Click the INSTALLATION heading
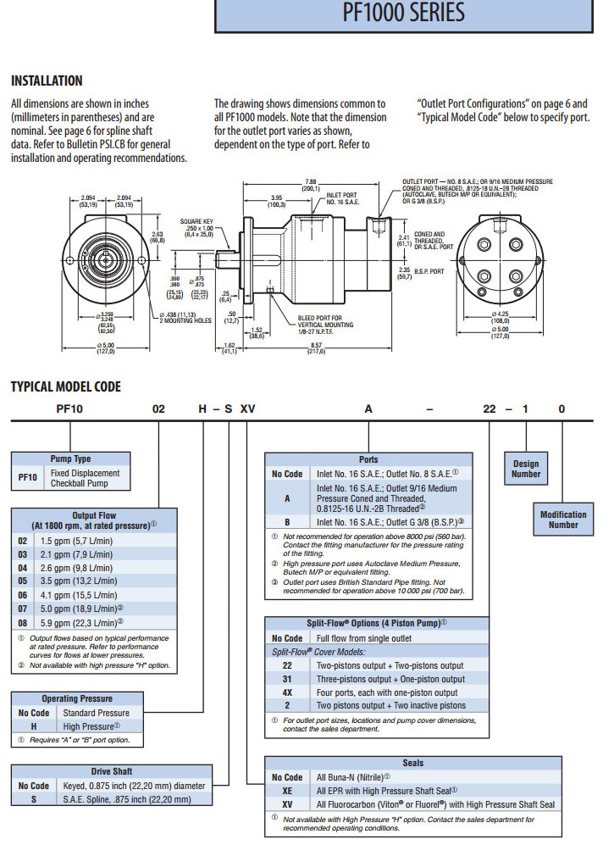coord(47,81)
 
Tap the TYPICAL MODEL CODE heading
coord(65,387)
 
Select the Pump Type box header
coord(71,459)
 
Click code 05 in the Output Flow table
coord(23,584)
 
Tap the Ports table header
coord(368,459)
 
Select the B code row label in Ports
coord(287,522)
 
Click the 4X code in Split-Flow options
coord(287,692)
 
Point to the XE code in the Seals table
coord(287,789)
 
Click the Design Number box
coord(526,469)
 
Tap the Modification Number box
coord(563,519)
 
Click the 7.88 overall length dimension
coord(311,182)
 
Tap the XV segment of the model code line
coord(248,409)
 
